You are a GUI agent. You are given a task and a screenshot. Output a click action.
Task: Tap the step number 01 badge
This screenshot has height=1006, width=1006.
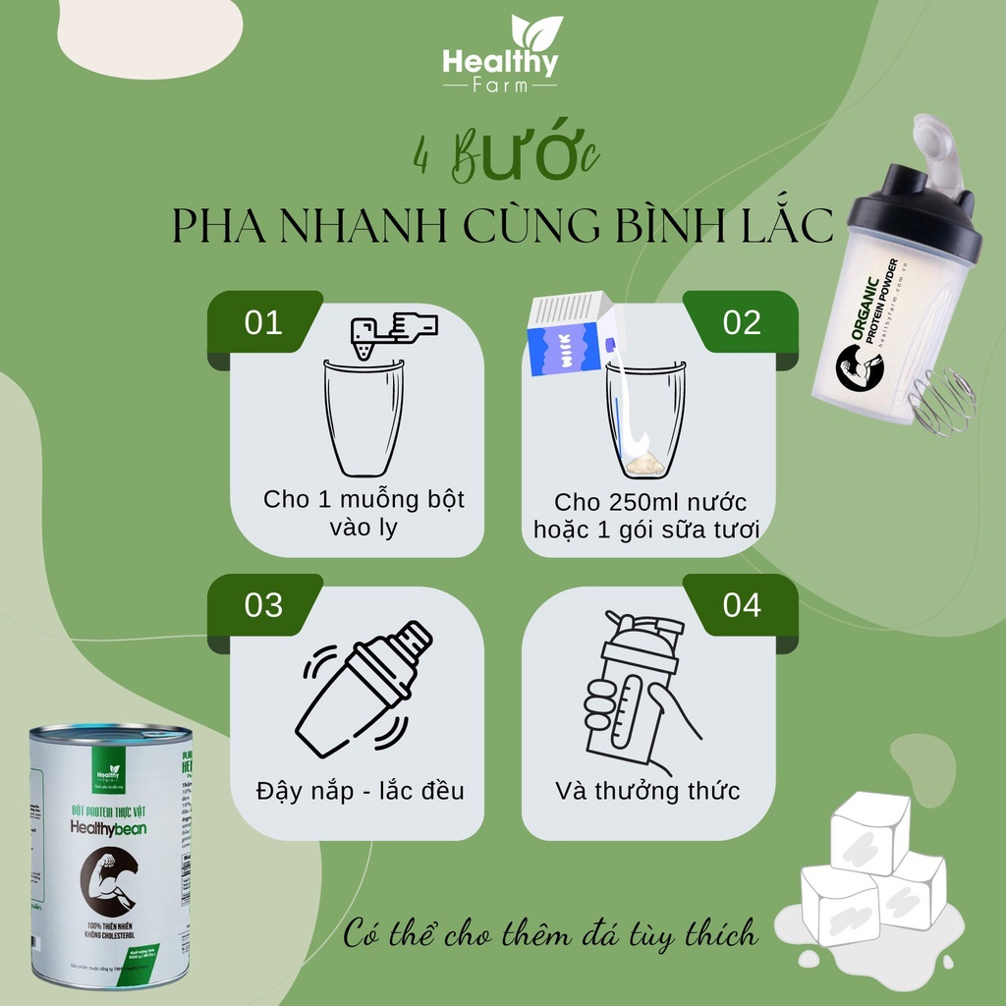(x=263, y=323)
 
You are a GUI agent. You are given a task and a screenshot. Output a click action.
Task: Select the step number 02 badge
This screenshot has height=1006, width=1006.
(x=742, y=323)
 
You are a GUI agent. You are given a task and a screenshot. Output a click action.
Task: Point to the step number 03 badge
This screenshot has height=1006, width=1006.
(x=263, y=605)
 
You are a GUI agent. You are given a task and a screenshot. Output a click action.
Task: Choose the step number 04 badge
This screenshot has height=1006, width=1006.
(x=742, y=605)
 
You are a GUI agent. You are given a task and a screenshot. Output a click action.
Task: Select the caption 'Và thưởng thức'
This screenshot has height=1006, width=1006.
(x=647, y=790)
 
